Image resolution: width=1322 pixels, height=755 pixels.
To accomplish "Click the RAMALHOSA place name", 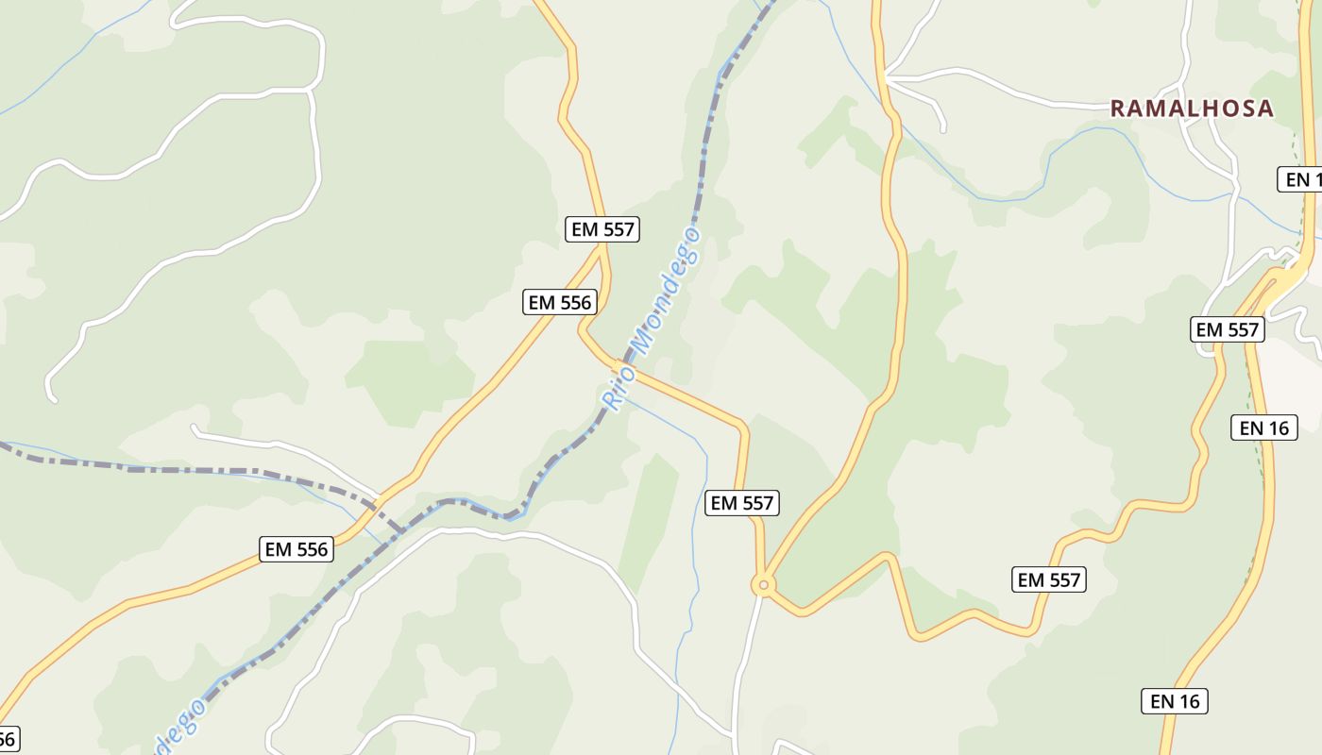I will point(1192,109).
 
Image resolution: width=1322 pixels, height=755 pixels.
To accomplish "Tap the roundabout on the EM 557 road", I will point(763,585).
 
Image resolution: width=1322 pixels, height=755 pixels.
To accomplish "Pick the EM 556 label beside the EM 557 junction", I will point(560,302).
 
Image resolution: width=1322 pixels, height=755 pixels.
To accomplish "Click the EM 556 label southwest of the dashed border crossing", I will point(297,549).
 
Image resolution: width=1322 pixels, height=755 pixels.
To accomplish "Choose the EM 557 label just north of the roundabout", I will point(742,503).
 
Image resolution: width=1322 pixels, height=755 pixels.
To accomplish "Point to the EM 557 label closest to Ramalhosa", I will point(1228,329).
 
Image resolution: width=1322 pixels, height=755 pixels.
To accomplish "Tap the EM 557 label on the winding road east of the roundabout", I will point(1049,579).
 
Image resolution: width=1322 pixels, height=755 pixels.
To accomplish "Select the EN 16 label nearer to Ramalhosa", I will point(1263,428).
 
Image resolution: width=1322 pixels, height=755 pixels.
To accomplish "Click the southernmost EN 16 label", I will point(1175,701).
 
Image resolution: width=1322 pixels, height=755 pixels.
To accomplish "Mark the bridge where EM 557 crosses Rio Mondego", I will point(619,365).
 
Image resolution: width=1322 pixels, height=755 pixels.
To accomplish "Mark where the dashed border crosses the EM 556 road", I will point(378,497).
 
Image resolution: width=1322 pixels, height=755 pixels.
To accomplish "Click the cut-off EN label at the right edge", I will point(1301,179).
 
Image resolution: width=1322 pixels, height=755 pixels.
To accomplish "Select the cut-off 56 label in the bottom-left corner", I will point(8,738).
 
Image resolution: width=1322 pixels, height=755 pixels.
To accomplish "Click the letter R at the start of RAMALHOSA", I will point(1118,109).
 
